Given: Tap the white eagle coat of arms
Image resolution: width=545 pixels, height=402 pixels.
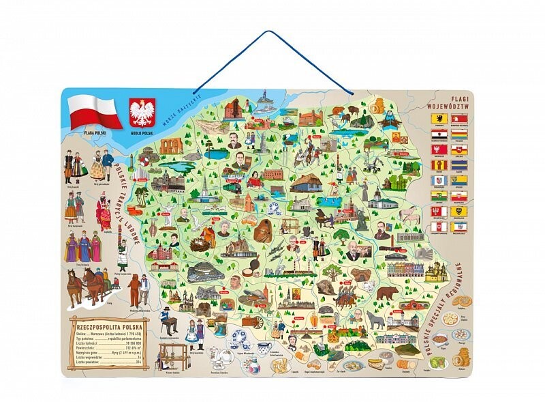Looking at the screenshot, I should click(x=142, y=112).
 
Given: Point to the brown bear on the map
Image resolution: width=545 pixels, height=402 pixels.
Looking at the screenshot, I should click(x=388, y=294).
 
